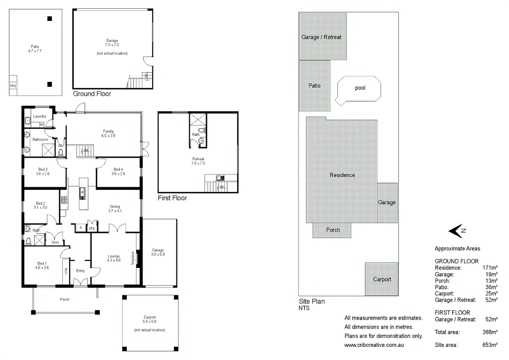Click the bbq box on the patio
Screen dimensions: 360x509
point(13,86)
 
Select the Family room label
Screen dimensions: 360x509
point(108,131)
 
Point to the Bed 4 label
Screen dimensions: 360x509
point(118,169)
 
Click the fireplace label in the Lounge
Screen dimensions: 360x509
point(133,258)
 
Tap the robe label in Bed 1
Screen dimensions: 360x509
point(66,271)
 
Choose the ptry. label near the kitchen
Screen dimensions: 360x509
point(92,228)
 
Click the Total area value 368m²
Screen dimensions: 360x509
point(490,332)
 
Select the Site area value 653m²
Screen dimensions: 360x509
point(490,345)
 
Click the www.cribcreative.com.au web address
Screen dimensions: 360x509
point(374,345)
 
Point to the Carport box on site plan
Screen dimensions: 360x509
point(382,279)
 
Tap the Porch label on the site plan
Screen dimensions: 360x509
point(333,230)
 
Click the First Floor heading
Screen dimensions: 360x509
point(172,198)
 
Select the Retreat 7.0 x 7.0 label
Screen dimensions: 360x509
point(198,161)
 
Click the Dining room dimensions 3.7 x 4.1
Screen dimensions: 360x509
point(115,211)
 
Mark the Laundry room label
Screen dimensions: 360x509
point(40,116)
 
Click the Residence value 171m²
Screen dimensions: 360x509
point(490,268)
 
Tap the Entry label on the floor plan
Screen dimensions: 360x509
point(80,271)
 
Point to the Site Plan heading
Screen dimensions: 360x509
point(311,301)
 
